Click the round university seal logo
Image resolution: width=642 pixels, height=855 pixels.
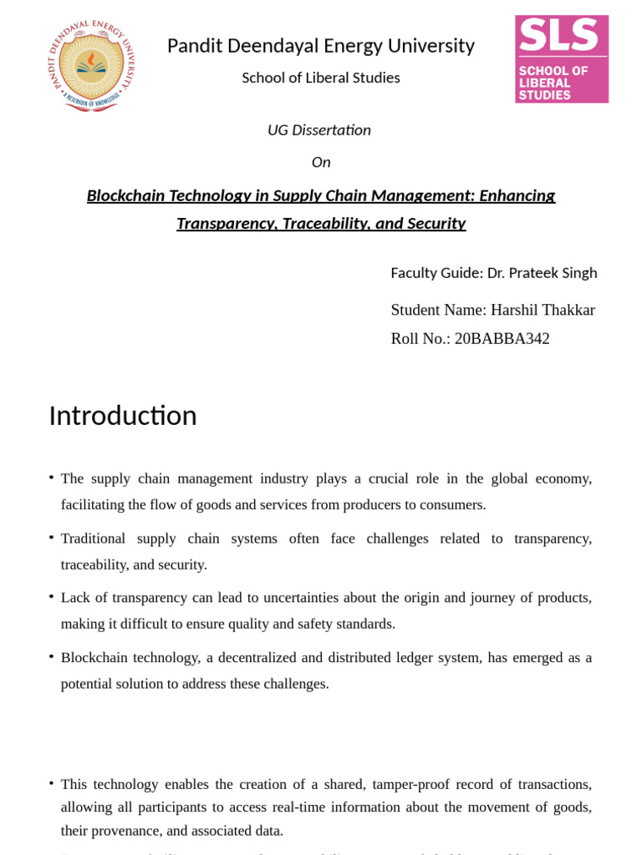pyautogui.click(x=91, y=66)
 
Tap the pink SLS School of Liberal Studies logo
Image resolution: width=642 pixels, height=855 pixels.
pyautogui.click(x=561, y=58)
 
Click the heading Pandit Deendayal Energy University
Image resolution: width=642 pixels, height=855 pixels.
pyautogui.click(x=320, y=46)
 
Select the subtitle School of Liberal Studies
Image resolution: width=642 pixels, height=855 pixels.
pyautogui.click(x=320, y=78)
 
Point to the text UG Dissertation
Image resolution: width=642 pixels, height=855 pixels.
pyautogui.click(x=318, y=130)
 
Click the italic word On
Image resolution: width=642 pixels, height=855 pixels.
pyautogui.click(x=321, y=162)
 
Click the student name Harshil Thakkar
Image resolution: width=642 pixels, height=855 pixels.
pyautogui.click(x=543, y=310)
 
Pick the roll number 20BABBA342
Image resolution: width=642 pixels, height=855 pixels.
pyautogui.click(x=502, y=339)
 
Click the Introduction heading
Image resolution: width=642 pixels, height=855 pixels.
pyautogui.click(x=123, y=416)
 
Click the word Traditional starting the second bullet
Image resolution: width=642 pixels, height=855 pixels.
pyautogui.click(x=93, y=539)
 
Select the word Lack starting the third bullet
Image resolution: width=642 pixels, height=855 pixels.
pyautogui.click(x=75, y=598)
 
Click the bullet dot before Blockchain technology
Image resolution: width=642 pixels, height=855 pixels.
pyautogui.click(x=52, y=656)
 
